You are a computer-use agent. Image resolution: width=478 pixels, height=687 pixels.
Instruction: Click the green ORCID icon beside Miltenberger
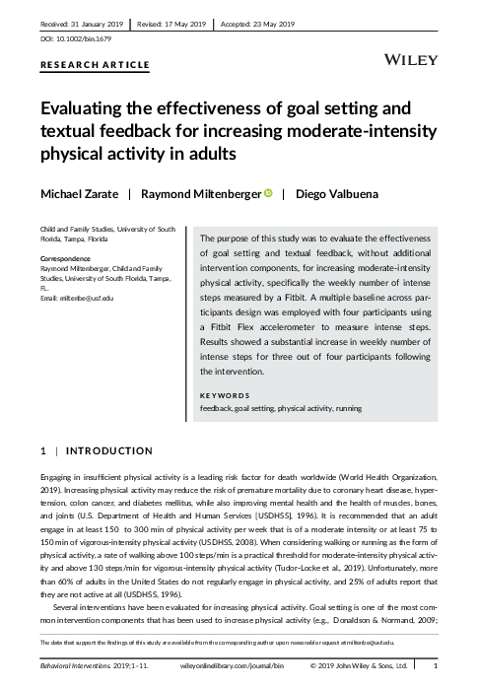click(267, 194)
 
